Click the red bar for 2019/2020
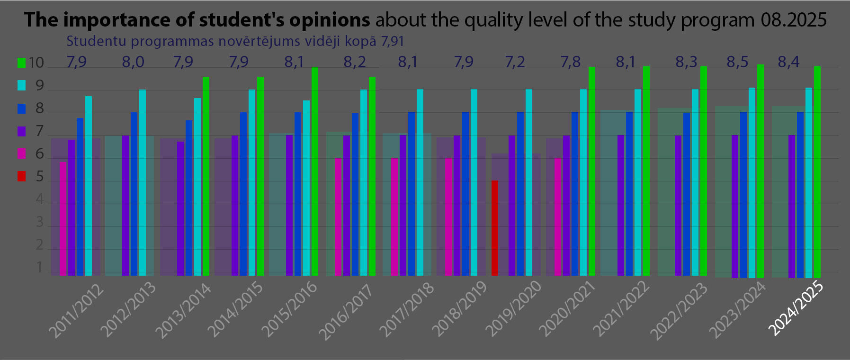pos(494,228)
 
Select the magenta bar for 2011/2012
pos(63,218)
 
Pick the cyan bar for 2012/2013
pos(143,182)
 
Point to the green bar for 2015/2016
pos(315,171)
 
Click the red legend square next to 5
pos(22,177)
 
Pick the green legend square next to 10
pos(22,63)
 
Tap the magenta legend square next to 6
pos(22,153)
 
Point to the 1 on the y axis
pos(40,268)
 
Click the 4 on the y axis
pos(40,199)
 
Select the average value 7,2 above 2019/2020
pos(515,62)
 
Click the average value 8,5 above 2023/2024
pos(737,62)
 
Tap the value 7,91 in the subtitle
pos(393,42)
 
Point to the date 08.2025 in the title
pos(794,20)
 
